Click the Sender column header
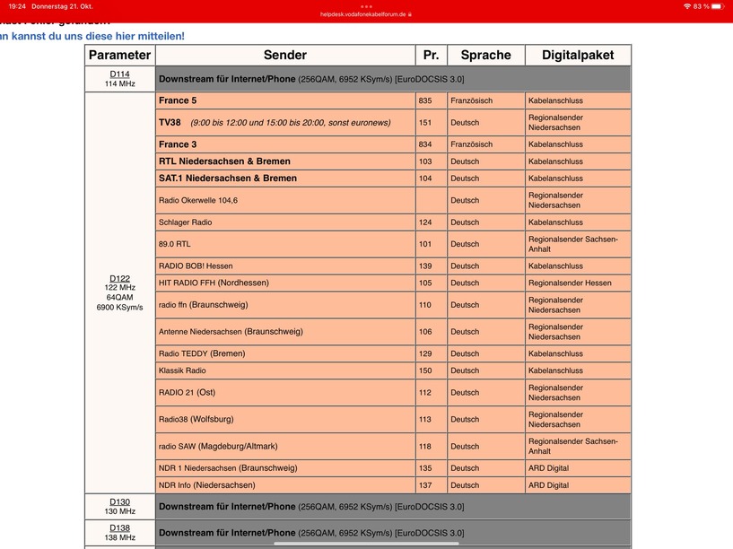[x=284, y=56]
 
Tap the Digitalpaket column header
[x=578, y=56]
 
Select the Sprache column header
[x=485, y=56]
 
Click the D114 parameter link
[x=119, y=74]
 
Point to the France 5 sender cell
[x=178, y=101]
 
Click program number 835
[x=425, y=101]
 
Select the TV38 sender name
[x=170, y=123]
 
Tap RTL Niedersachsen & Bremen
[x=224, y=161]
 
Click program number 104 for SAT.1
[x=425, y=179]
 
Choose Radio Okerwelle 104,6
[x=198, y=200]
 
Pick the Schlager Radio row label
[x=186, y=222]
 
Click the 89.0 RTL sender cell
[x=175, y=244]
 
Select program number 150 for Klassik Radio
[x=425, y=370]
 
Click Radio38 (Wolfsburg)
[x=196, y=419]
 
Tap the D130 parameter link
[x=119, y=502]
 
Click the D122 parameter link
[x=119, y=278]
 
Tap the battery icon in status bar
[x=720, y=6]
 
